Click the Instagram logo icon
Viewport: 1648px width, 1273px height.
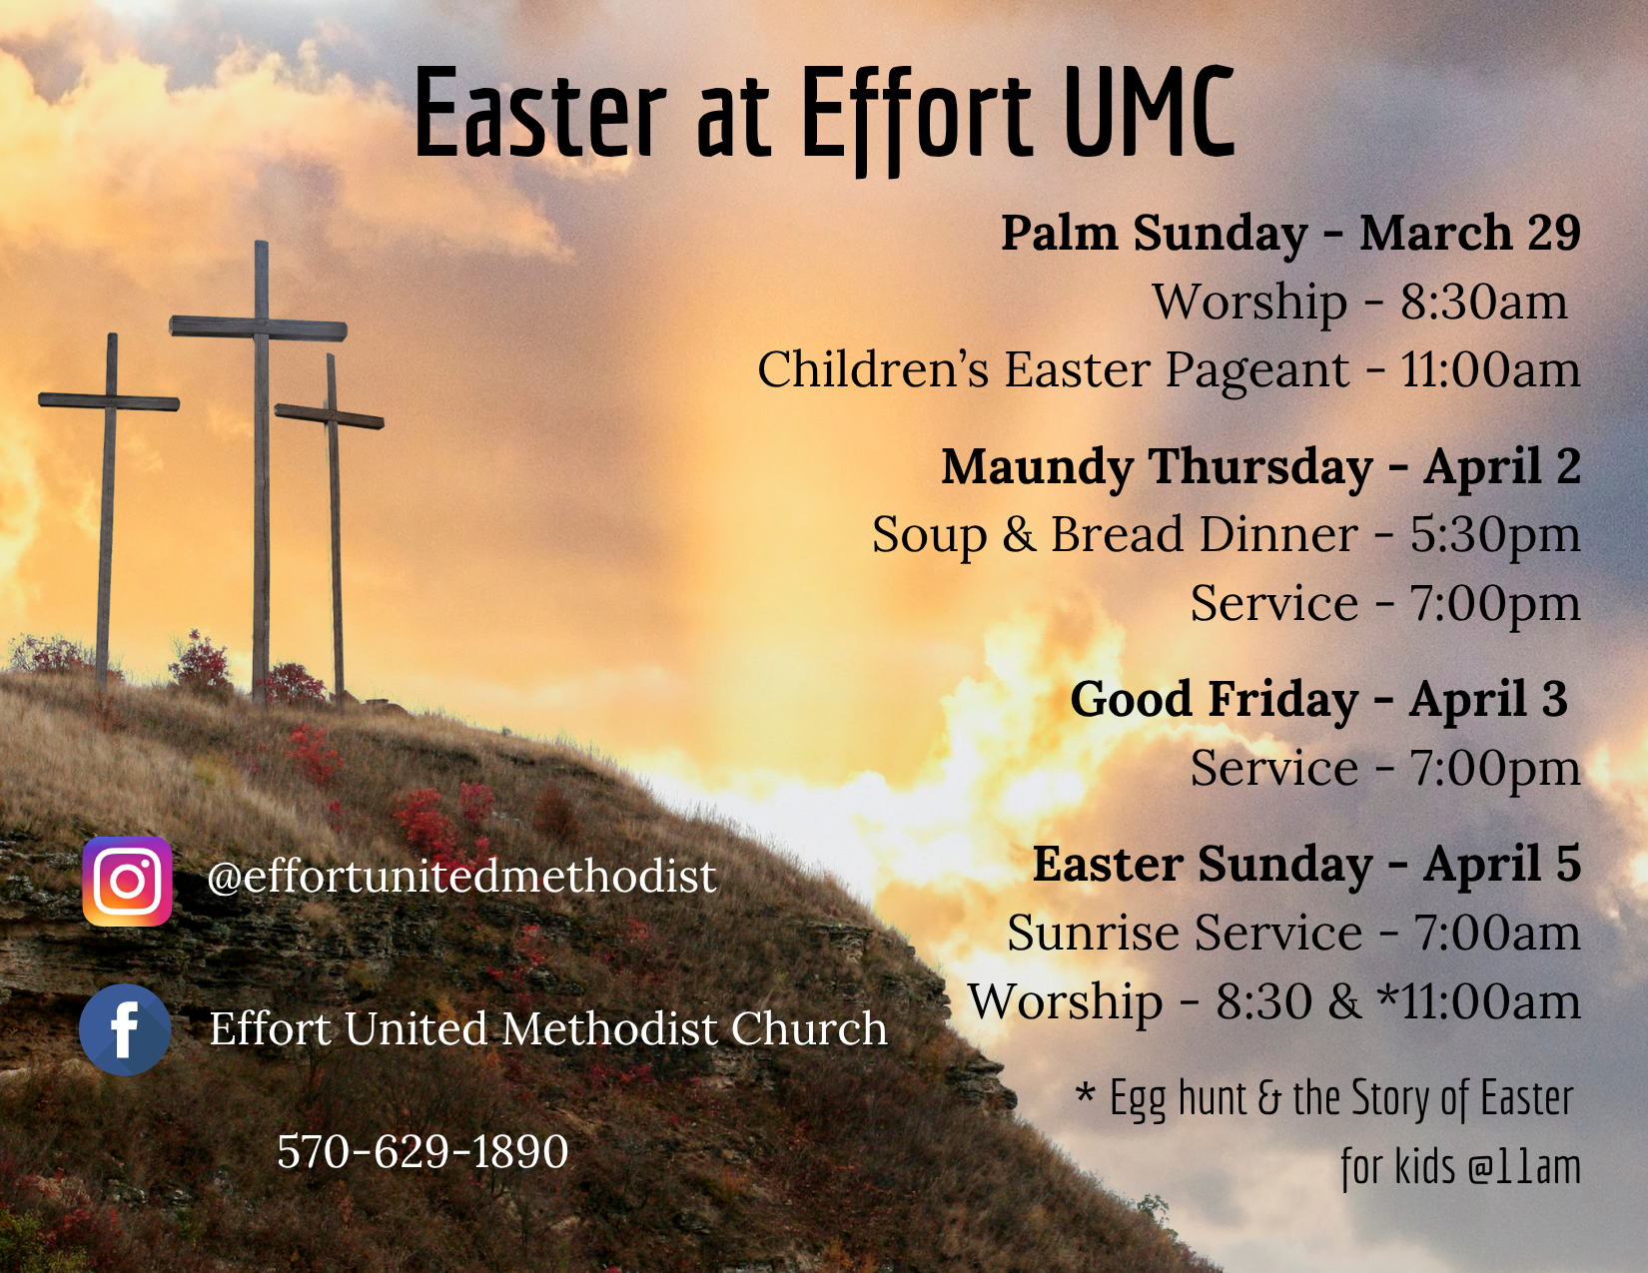point(128,881)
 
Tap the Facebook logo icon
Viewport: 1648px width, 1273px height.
point(125,1028)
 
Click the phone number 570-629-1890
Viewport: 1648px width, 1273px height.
point(422,1151)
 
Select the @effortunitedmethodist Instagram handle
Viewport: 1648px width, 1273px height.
point(461,878)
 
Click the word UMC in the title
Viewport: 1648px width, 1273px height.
point(1149,112)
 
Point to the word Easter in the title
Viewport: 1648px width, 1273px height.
point(540,112)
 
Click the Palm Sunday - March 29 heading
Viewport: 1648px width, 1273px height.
point(1290,233)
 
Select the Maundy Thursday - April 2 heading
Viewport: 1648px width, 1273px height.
point(1260,466)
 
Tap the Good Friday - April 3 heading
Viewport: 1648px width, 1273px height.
point(1318,699)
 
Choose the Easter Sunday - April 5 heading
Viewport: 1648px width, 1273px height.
point(1306,864)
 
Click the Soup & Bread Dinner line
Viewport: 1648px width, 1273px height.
point(1227,534)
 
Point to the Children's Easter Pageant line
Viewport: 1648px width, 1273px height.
point(1169,370)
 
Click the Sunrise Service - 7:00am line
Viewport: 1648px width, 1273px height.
point(1293,933)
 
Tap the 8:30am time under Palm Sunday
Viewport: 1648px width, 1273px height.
point(1483,302)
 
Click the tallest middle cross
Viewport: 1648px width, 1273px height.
point(260,470)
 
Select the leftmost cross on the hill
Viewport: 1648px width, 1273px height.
point(109,512)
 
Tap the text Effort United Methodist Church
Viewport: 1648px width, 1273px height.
point(547,1028)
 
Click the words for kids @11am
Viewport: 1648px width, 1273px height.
point(1460,1166)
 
